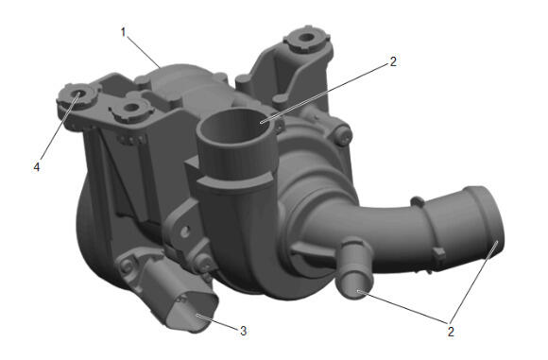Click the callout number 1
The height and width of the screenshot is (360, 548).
pos(123,32)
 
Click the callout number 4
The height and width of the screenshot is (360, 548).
pos(37,167)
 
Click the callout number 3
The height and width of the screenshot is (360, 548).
pos(243,331)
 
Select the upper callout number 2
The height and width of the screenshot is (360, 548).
pos(393,61)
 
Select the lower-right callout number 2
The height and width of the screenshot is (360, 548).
pos(451,332)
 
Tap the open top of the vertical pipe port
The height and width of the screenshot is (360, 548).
pos(237,127)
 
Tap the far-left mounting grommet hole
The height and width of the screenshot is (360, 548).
pos(77,94)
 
